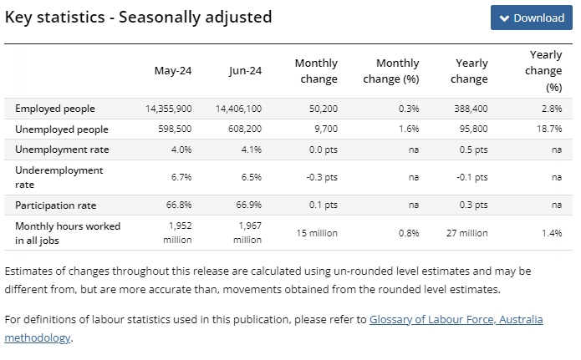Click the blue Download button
pyautogui.click(x=532, y=18)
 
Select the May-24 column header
pyautogui.click(x=173, y=70)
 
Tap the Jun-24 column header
pyautogui.click(x=245, y=70)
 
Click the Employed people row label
pyautogui.click(x=55, y=109)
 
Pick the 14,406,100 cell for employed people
pyautogui.click(x=238, y=109)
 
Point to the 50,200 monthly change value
pyautogui.click(x=324, y=109)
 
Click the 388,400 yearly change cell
pyautogui.click(x=471, y=109)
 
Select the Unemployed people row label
pyautogui.click(x=62, y=129)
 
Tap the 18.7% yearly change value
pyautogui.click(x=549, y=129)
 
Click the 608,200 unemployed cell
pyautogui.click(x=245, y=129)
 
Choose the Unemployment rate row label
pyautogui.click(x=62, y=150)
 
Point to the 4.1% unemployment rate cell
pyautogui.click(x=252, y=150)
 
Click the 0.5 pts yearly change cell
pyautogui.click(x=473, y=150)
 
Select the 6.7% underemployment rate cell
pyautogui.click(x=181, y=177)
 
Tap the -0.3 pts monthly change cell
pyautogui.click(x=322, y=177)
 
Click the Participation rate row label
pyautogui.click(x=55, y=205)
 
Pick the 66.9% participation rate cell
pyautogui.click(x=249, y=205)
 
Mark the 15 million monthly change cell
pyautogui.click(x=317, y=233)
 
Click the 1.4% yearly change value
pyautogui.click(x=552, y=233)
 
